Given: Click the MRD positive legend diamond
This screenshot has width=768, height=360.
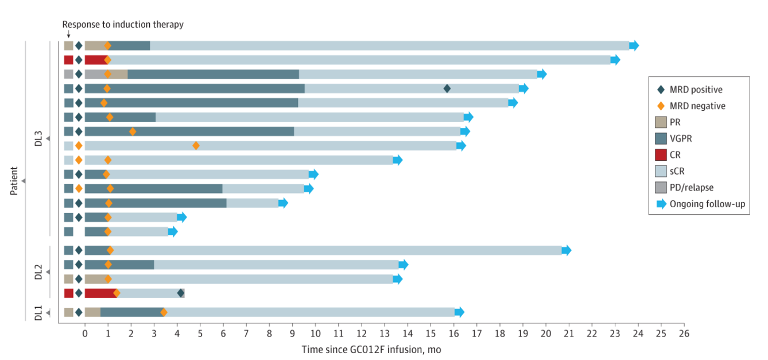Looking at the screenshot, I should pos(661,90).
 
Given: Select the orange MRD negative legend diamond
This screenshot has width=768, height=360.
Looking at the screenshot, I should pos(661,106).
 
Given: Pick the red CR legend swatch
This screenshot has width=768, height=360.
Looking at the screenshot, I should pos(661,155).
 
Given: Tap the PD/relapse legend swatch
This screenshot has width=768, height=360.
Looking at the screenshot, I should pos(661,188).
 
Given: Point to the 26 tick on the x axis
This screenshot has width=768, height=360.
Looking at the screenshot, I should pos(684,334).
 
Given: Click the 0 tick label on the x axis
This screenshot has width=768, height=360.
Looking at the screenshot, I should pos(85,334).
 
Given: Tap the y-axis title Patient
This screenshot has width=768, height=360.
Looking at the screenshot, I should pos(14,181).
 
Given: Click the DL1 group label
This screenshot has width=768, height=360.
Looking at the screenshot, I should pos(38,313).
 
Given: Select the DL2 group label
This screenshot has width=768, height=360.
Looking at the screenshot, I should pos(38,272).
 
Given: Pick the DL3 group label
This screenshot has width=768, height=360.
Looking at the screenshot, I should pos(38,138).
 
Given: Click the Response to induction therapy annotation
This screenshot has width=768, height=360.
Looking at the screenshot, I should pos(123,25).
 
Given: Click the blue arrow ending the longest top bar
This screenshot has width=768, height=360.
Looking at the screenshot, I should pos(634,45).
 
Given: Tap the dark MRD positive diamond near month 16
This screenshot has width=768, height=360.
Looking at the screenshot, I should pos(447,88).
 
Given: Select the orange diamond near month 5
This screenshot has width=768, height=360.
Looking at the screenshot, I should pos(196,146).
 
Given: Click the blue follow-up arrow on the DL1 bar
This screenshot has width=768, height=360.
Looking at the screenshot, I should pos(459,312).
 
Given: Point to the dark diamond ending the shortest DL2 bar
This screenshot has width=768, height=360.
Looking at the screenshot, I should pos(181,293).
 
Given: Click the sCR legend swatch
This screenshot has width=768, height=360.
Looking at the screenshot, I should pos(661,171).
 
